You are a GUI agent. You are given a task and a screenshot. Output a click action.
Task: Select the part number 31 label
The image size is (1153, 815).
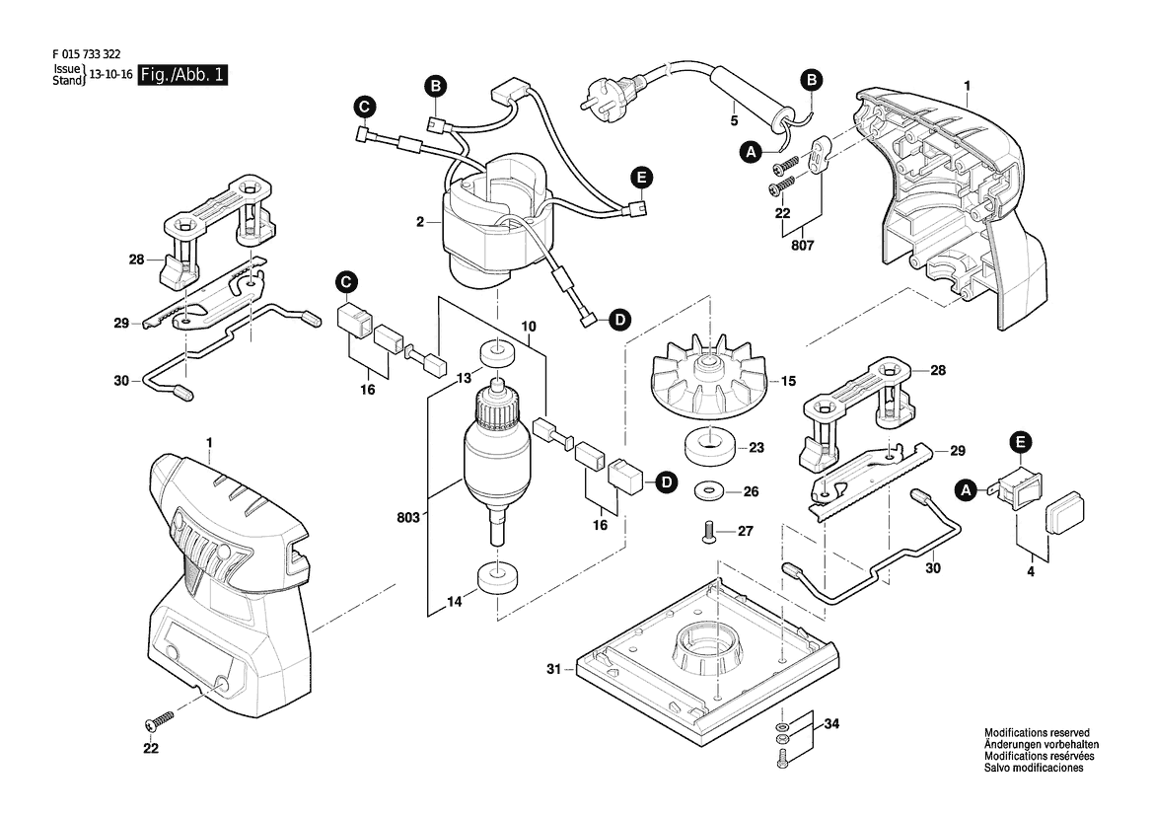point(553,669)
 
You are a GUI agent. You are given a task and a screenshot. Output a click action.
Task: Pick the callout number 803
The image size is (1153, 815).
point(408,517)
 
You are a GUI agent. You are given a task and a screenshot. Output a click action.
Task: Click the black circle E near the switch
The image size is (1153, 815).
point(1021,443)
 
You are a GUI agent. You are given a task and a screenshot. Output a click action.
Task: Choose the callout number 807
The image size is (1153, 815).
point(802,246)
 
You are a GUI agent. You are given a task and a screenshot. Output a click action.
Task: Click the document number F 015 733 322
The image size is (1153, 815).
point(87,54)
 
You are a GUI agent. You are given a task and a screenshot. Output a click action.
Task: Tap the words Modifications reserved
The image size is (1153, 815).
point(1037,733)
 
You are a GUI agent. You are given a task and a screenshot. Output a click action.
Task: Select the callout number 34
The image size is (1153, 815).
point(830,724)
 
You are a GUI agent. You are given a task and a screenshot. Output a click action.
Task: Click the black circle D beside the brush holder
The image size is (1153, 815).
point(667,482)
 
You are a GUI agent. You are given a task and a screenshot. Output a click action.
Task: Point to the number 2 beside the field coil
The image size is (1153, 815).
point(420,221)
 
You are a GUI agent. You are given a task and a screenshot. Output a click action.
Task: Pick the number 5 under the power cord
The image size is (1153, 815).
point(734,120)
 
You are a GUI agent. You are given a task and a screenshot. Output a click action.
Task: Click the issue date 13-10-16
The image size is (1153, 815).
point(110,75)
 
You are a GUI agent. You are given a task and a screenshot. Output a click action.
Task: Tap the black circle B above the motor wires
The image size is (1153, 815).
point(435,87)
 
